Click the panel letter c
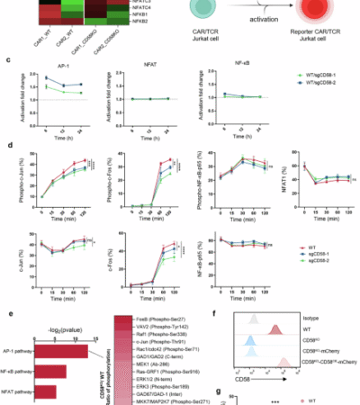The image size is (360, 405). [8, 62]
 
